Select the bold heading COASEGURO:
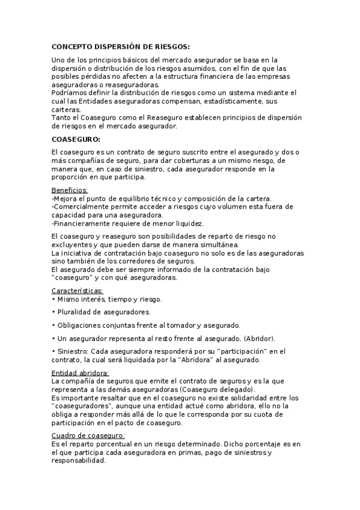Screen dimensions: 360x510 (75, 139)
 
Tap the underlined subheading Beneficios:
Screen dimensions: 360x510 (70, 190)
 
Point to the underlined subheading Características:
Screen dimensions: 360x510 (78, 290)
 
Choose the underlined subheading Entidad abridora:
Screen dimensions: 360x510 (76, 373)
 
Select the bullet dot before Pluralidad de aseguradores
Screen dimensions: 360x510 (54, 312)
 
